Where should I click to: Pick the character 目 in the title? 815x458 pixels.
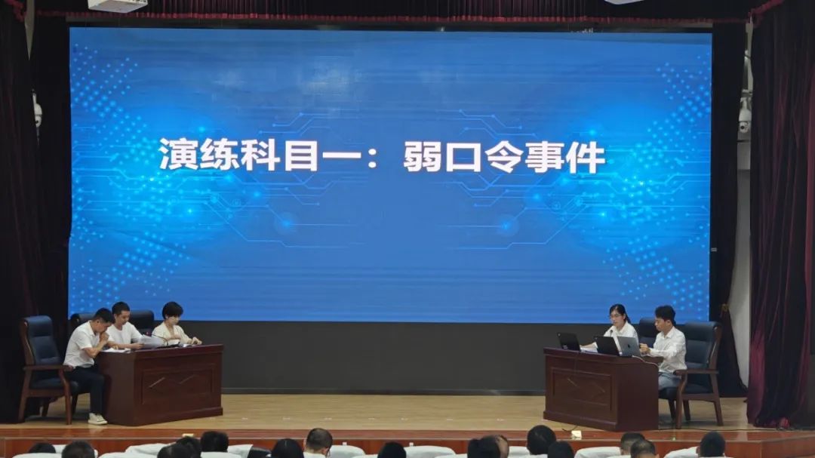(300, 155)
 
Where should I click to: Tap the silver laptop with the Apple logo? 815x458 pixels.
(629, 347)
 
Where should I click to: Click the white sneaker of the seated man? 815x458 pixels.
(97, 419)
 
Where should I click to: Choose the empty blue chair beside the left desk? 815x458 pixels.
(44, 364)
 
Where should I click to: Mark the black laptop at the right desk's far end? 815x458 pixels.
(569, 342)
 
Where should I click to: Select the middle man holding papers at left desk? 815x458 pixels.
(124, 327)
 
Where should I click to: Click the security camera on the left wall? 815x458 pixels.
(38, 111)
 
